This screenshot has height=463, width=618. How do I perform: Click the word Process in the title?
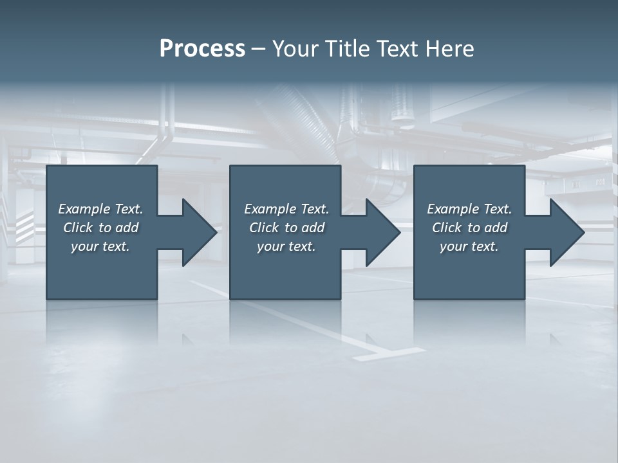202,49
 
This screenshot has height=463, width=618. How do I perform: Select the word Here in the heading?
450,49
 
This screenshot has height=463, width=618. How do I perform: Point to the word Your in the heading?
296,49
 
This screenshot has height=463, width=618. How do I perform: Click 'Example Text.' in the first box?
100,209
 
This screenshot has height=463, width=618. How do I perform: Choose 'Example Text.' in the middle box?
286,209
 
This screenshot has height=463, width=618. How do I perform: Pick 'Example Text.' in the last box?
469,209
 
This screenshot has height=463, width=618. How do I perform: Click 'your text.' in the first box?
100,246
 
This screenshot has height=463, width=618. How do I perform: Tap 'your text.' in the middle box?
286,246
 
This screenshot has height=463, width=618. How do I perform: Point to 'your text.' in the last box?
469,246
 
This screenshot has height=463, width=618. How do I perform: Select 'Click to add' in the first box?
100,228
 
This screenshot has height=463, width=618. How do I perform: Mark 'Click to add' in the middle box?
286,228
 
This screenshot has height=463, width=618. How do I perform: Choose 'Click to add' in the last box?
469,228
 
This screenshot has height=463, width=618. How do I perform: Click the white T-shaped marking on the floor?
386,352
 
